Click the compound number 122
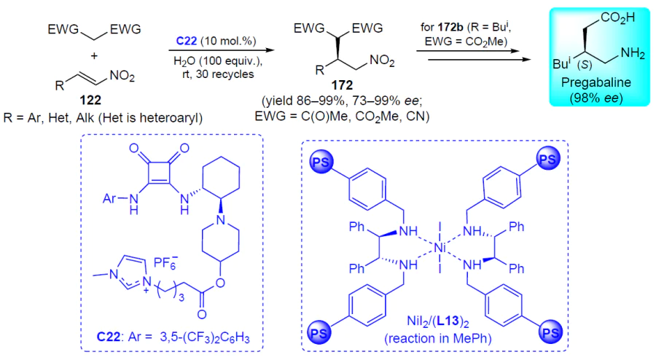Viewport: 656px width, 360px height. (90, 101)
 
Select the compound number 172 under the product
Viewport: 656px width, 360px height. (342, 85)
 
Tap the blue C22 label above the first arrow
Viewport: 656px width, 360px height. (186, 41)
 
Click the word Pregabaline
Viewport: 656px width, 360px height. (596, 82)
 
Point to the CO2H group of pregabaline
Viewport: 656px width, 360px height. (617, 17)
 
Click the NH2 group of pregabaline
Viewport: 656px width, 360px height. (633, 53)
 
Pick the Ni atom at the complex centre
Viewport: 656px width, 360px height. (440, 248)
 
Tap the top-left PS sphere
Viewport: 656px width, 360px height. (321, 163)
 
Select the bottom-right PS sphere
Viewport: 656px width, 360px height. (550, 332)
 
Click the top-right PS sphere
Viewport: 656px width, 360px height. (547, 160)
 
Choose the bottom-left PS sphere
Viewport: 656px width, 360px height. (319, 333)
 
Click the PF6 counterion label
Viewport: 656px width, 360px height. (165, 262)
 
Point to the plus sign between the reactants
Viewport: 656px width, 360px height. (94, 55)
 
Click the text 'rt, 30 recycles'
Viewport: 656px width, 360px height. (218, 74)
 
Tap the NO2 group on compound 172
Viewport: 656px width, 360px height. (382, 61)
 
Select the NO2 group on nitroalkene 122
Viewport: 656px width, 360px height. (122, 76)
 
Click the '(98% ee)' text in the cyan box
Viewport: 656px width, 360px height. (596, 98)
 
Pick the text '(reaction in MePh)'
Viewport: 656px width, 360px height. (437, 338)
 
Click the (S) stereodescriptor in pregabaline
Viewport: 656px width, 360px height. (585, 66)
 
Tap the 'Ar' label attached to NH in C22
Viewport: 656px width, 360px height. (109, 197)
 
